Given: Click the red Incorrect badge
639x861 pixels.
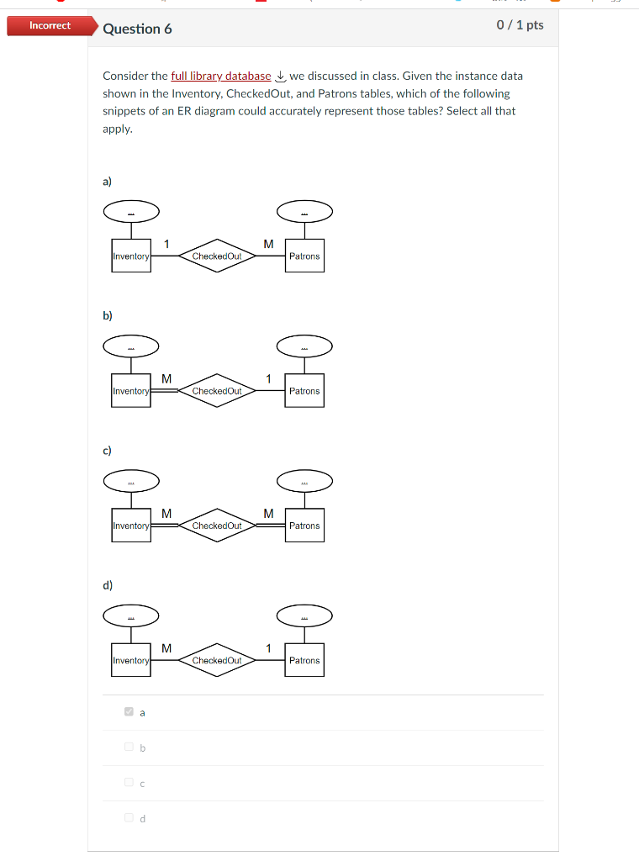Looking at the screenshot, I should click(50, 25).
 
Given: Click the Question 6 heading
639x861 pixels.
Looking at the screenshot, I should click(137, 29).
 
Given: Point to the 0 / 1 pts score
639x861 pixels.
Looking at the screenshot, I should click(520, 25).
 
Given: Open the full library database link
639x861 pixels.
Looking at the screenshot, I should click(220, 76).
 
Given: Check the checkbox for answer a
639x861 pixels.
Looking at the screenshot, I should click(129, 711).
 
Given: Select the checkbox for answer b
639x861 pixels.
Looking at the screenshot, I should click(129, 747).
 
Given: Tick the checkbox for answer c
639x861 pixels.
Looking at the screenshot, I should click(129, 782).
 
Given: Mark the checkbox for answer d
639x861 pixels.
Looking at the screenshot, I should click(129, 817).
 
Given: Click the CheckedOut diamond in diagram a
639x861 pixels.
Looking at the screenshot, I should click(217, 256).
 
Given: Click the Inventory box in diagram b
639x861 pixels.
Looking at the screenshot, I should click(130, 391).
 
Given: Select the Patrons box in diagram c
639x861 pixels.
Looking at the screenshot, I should click(304, 526).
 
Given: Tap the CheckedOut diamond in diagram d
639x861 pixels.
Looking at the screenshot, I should click(217, 660).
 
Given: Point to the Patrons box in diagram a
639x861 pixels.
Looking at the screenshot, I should click(304, 256).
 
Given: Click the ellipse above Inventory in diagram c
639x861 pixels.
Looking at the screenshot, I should click(131, 481).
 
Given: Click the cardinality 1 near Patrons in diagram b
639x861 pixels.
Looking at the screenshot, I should click(268, 378).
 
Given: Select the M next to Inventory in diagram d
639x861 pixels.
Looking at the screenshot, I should click(166, 647).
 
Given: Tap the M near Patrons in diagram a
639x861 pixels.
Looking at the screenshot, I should click(268, 244).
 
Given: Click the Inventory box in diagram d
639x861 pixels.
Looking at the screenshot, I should click(130, 660).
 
